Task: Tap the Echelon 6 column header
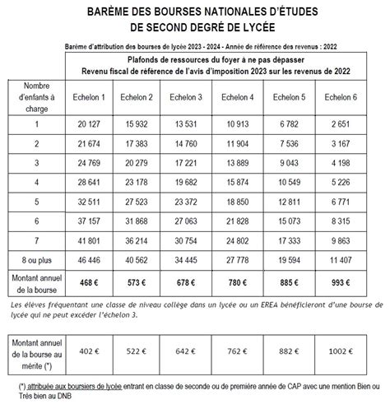pos(340,99)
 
